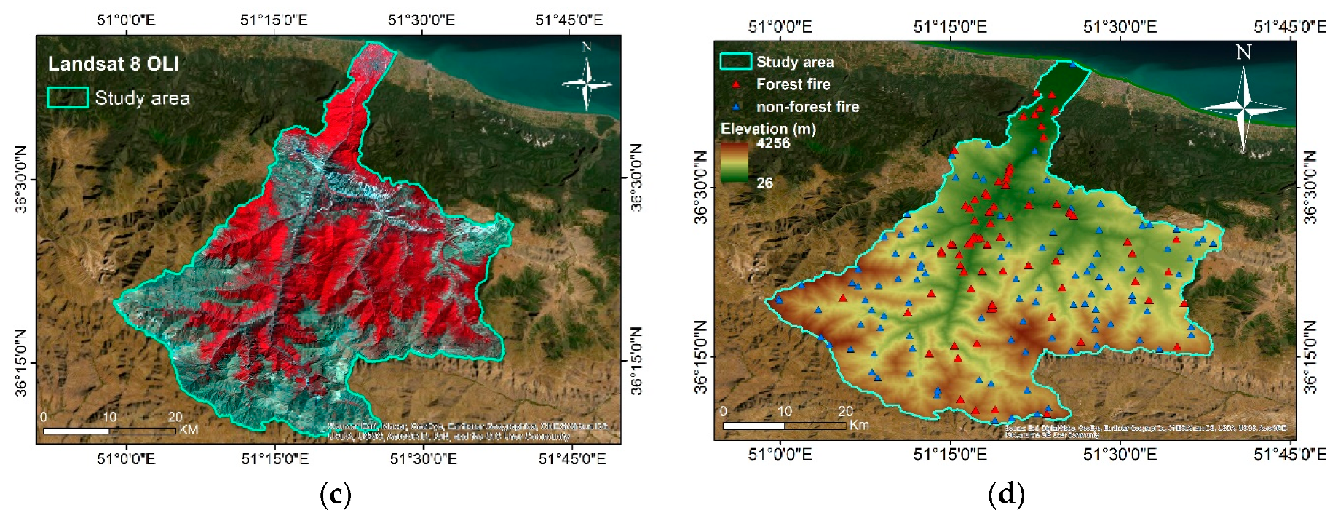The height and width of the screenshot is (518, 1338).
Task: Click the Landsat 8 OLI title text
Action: pyautogui.click(x=114, y=64)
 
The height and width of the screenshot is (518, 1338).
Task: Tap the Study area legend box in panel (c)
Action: pyautogui.click(x=68, y=97)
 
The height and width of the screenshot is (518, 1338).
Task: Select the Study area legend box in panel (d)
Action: pyautogui.click(x=735, y=61)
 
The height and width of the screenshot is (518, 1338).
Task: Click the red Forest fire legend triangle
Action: pyautogui.click(x=736, y=84)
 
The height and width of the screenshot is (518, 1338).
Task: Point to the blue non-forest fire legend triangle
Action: pyautogui.click(x=736, y=107)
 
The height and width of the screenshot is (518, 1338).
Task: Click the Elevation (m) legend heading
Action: pyautogui.click(x=768, y=129)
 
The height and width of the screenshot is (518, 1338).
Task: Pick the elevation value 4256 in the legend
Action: pyautogui.click(x=772, y=143)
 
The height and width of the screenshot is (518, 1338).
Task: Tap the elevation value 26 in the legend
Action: pyautogui.click(x=764, y=183)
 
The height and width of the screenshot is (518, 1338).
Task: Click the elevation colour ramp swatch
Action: pyautogui.click(x=734, y=162)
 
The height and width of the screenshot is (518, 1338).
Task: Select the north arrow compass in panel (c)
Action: pyautogui.click(x=587, y=81)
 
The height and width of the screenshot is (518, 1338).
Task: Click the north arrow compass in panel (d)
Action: pyautogui.click(x=1244, y=102)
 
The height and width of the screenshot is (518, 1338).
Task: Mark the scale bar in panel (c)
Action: pyautogui.click(x=109, y=431)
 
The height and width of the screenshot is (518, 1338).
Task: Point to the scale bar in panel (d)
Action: pyautogui.click(x=784, y=425)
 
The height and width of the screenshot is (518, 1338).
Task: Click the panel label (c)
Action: pyautogui.click(x=335, y=495)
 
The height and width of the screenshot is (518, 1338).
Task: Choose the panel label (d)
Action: pyautogui.click(x=1006, y=495)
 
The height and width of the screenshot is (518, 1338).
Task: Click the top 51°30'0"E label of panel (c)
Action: pyautogui.click(x=421, y=20)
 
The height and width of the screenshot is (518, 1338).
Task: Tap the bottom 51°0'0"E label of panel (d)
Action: pyautogui.click(x=780, y=454)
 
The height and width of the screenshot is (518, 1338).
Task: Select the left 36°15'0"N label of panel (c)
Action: pyautogui.click(x=21, y=363)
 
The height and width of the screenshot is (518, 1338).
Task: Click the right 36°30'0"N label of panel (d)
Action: pyautogui.click(x=1310, y=187)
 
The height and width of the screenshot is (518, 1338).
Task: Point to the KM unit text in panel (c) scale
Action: pyautogui.click(x=189, y=430)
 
